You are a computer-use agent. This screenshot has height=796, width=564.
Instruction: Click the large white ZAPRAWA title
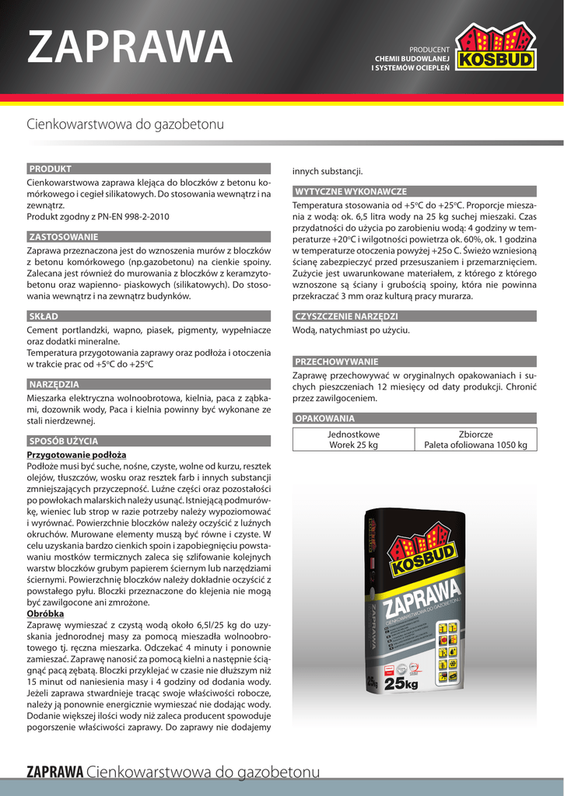(x=130, y=47)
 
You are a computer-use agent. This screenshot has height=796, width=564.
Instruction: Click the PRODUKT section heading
(x=51, y=169)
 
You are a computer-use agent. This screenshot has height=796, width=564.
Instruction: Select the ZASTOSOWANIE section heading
(x=64, y=236)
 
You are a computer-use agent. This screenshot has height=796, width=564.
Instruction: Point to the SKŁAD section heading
(x=44, y=316)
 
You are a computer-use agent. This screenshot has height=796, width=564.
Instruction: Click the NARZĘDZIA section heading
(x=54, y=384)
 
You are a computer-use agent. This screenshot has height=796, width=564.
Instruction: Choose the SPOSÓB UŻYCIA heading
(x=64, y=441)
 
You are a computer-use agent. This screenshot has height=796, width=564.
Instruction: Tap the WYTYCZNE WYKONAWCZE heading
(x=350, y=191)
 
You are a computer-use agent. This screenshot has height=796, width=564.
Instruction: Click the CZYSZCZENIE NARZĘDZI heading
(x=346, y=316)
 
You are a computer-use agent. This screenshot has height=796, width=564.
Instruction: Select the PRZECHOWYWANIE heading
(x=337, y=361)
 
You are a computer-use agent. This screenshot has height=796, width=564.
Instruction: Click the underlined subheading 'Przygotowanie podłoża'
(x=76, y=455)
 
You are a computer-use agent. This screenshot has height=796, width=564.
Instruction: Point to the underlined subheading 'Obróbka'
(x=46, y=613)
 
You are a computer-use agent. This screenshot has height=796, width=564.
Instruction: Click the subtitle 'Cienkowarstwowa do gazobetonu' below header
(x=125, y=124)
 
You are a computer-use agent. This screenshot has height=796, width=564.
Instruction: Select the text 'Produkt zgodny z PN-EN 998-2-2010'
(x=98, y=217)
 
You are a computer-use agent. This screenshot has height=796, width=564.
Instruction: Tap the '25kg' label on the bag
(x=401, y=683)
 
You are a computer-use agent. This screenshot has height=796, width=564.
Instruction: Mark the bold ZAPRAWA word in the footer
(x=55, y=772)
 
